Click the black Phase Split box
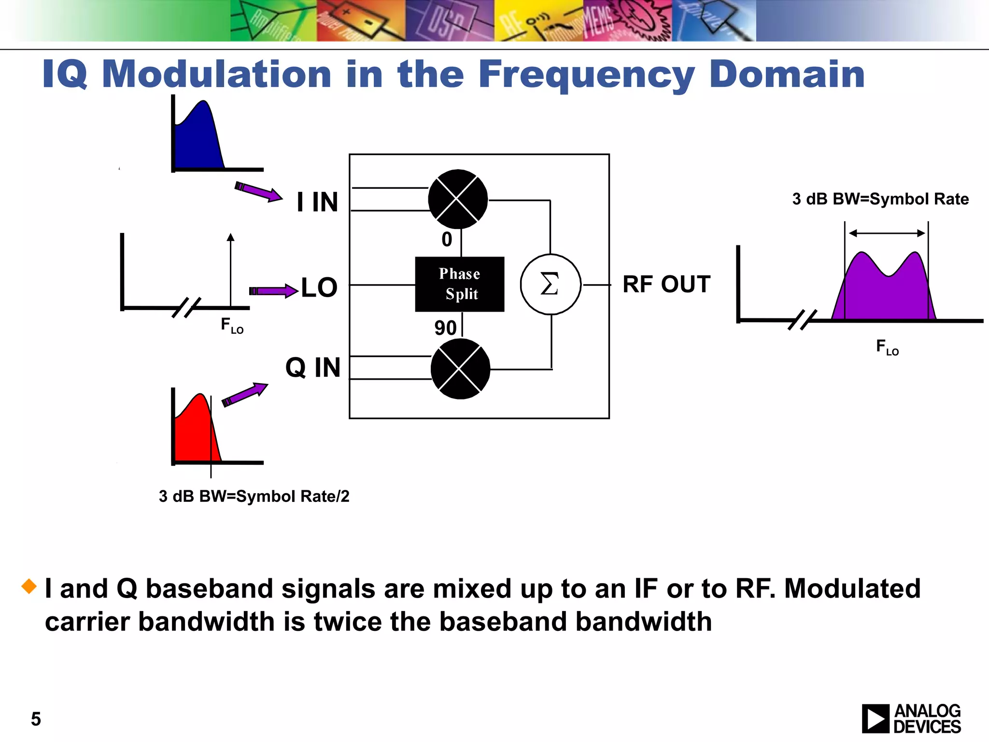[459, 284]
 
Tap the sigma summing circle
[550, 284]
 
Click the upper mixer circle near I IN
[458, 199]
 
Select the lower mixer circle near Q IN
[460, 369]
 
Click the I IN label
[317, 202]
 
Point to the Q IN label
[313, 368]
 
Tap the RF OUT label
[666, 284]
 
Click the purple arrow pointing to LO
[273, 291]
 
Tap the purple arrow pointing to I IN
[258, 191]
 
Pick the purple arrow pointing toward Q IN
[244, 394]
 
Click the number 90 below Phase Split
[445, 328]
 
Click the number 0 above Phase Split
[447, 240]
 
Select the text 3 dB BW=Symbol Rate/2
[254, 496]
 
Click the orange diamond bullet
[29, 586]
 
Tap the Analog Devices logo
[911, 718]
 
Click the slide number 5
[36, 719]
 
